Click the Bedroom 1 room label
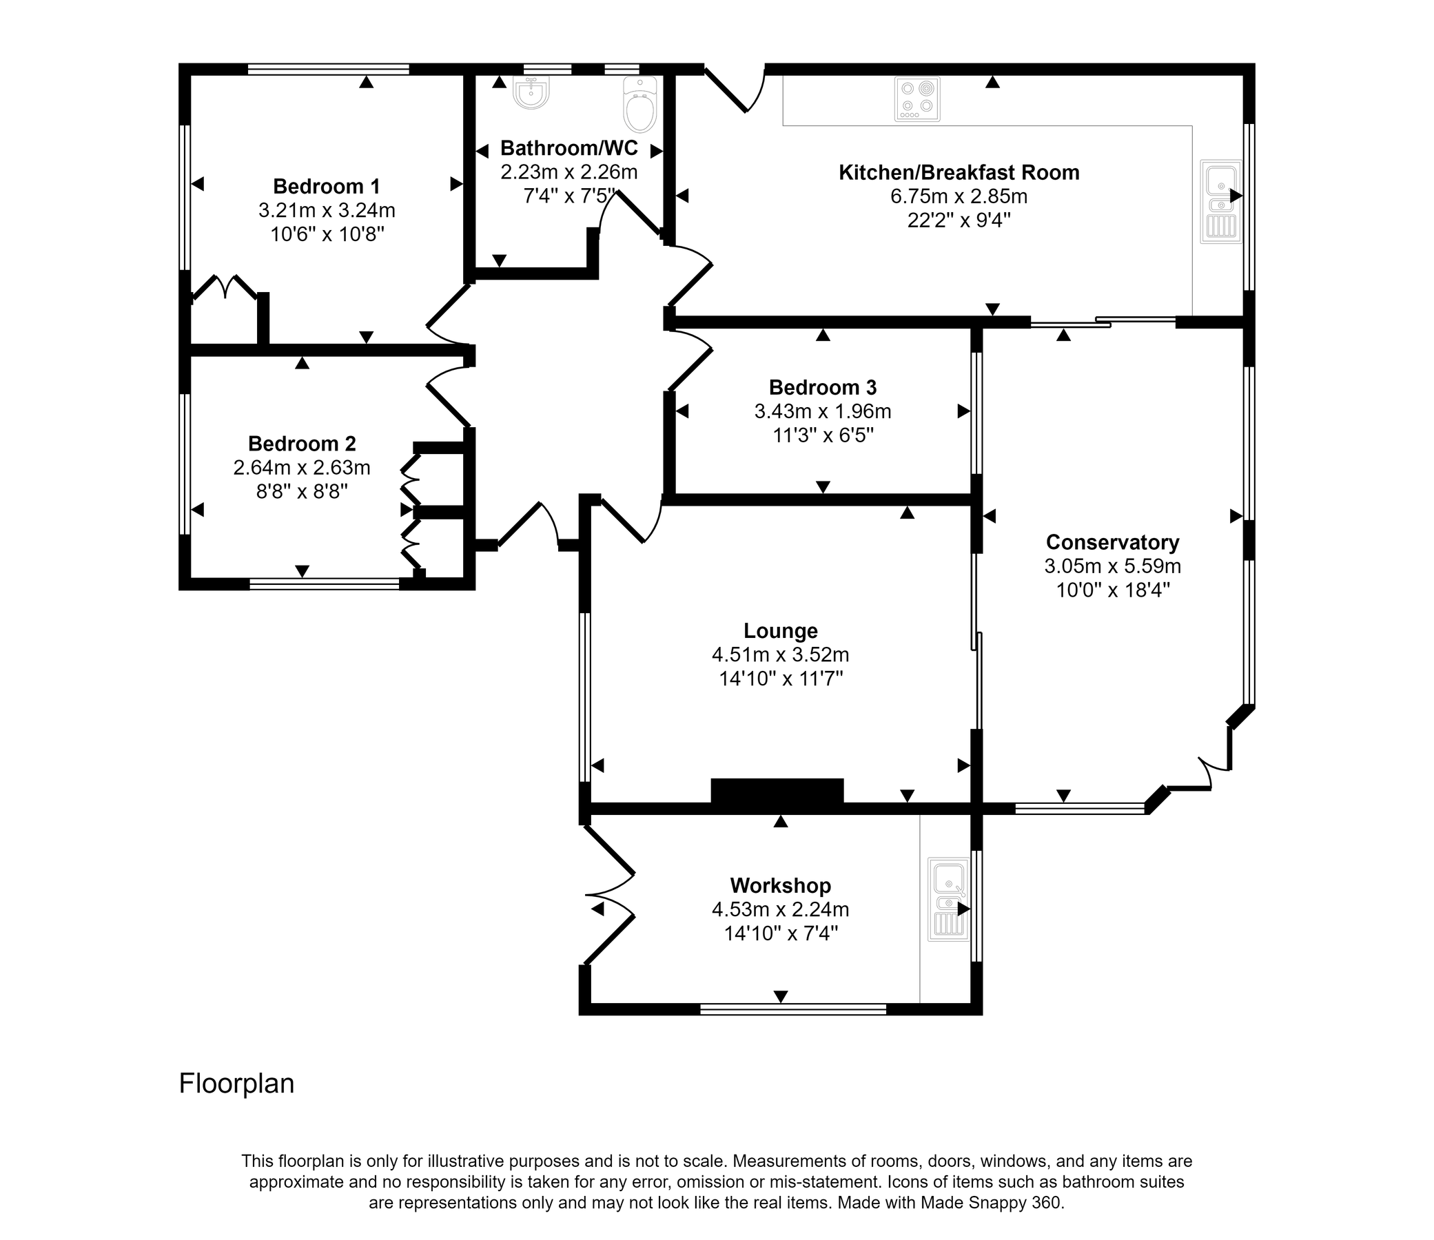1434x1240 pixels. [x=326, y=186]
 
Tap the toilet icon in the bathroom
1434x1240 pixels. [x=639, y=105]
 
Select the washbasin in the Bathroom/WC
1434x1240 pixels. [x=532, y=93]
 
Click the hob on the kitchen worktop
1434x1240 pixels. [x=917, y=99]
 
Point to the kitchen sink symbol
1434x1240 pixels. [x=1221, y=201]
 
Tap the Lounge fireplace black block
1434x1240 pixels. [x=777, y=791]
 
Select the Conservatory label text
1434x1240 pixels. [x=1112, y=541]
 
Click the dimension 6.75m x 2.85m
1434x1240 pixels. [x=959, y=196]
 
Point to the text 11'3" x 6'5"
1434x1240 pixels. [x=823, y=435]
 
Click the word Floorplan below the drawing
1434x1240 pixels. [x=236, y=1083]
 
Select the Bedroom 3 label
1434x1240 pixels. [x=822, y=386]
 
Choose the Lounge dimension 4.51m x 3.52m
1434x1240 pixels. [x=780, y=654]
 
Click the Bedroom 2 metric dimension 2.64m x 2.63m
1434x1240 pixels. [x=302, y=468]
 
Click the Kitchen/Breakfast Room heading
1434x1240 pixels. [x=959, y=172]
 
